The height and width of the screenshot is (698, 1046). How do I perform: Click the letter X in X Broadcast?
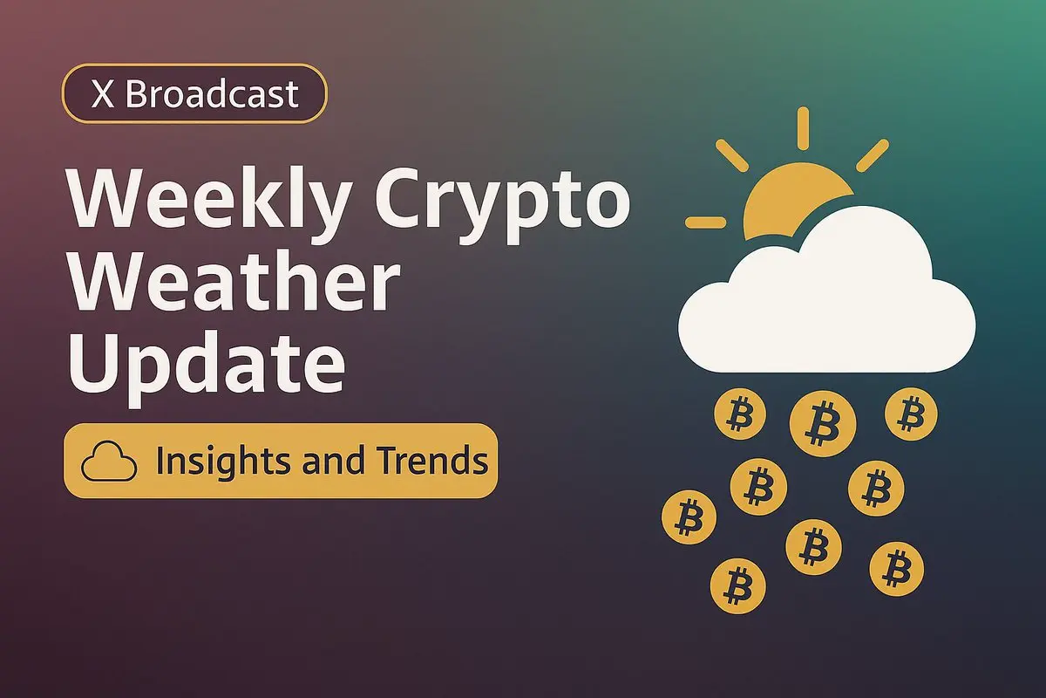103,94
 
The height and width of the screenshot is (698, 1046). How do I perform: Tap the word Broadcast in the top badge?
212,93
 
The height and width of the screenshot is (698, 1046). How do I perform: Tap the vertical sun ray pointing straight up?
803,128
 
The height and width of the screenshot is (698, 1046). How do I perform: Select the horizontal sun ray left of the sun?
705,222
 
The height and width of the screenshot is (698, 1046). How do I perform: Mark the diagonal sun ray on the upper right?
873,155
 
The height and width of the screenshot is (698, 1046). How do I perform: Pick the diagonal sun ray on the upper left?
732,155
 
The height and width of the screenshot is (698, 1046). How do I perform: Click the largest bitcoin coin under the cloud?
823,423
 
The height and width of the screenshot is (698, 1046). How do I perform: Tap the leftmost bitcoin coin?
689,517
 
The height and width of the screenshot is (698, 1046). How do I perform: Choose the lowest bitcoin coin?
738,585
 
